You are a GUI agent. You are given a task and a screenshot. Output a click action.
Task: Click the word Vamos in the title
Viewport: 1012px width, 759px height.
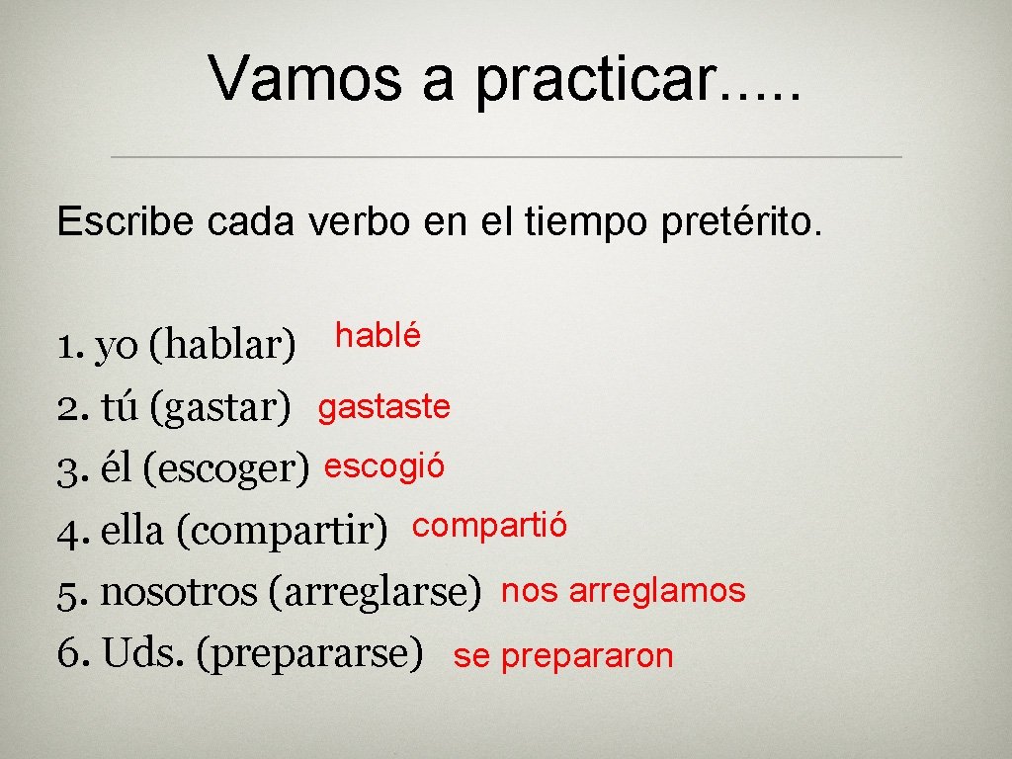[x=304, y=78]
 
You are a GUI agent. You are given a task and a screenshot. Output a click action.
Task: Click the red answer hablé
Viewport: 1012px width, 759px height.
[x=378, y=336]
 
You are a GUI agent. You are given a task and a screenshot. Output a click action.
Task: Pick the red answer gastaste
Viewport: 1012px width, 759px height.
[x=383, y=406]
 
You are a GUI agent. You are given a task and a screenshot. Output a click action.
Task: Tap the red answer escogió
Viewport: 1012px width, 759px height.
[x=384, y=465]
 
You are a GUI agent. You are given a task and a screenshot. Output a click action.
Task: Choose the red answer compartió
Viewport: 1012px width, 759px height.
[x=489, y=526]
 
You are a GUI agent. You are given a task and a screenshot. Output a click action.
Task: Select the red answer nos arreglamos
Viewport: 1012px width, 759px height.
[x=623, y=591]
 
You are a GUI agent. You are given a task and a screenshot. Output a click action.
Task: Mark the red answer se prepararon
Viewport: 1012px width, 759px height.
[x=562, y=656]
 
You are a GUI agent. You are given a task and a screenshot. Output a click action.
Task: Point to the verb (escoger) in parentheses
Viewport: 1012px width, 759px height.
[x=226, y=469]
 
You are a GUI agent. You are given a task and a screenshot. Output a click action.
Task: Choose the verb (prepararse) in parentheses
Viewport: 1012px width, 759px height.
[x=310, y=654]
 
